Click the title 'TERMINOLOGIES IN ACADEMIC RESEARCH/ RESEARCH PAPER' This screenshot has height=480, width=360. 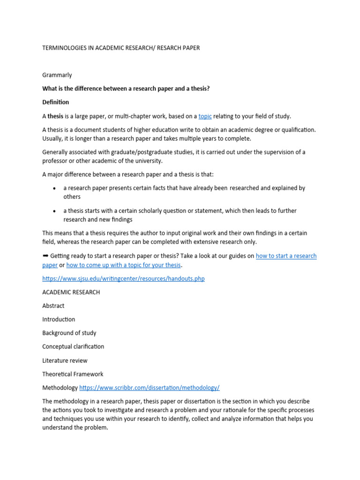tap(121, 48)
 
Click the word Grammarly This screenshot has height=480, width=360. tap(57, 75)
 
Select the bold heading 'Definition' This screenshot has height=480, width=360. tap(55, 102)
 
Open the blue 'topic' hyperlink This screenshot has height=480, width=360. tap(205, 116)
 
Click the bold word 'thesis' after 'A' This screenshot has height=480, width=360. tap(55, 116)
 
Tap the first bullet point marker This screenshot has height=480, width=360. tap(54, 188)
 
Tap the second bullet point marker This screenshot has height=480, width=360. tap(54, 211)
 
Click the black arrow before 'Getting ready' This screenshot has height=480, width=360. tap(45, 256)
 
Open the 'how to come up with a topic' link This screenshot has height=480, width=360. tap(123, 265)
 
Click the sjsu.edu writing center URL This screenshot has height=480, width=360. tap(123, 278)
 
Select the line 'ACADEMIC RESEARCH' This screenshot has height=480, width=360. tap(71, 292)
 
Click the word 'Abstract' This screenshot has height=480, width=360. tap(53, 306)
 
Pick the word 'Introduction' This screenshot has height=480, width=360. tap(59, 319)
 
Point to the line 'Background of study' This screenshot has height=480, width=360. tap(69, 333)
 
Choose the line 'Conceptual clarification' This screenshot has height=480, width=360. tap(73, 346)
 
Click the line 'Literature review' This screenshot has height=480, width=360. tap(65, 360)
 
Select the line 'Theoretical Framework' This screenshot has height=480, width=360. tap(73, 374)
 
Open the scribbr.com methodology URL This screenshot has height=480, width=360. tap(150, 388)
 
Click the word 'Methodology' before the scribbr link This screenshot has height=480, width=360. tap(60, 388)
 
